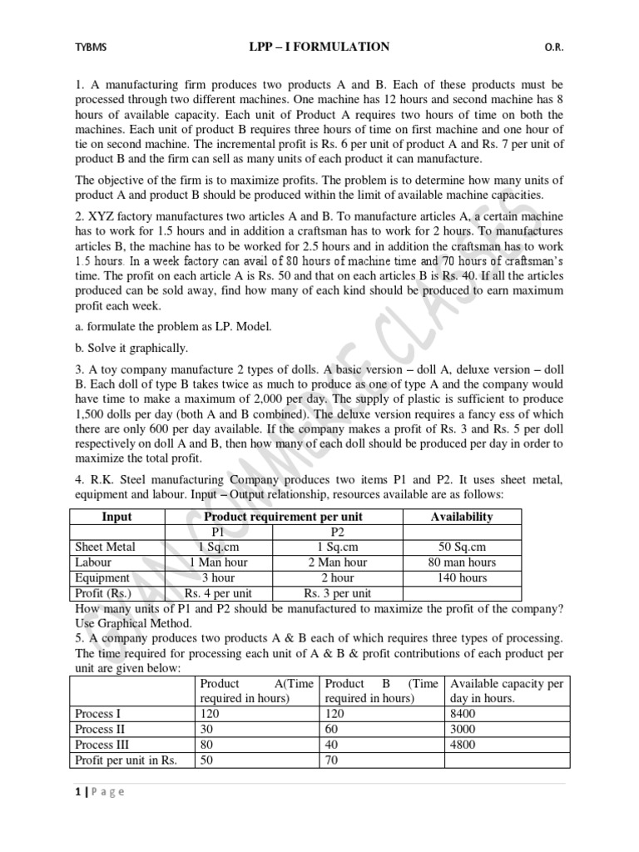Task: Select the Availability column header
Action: point(462,517)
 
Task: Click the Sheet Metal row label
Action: point(105,547)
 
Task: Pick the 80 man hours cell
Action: point(462,562)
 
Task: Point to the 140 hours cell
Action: point(462,577)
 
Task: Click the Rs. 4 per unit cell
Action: point(218,593)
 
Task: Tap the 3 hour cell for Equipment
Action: point(218,577)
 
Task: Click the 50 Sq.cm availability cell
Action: point(462,547)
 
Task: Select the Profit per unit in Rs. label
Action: point(126,760)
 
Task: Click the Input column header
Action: point(116,517)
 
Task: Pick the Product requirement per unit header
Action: point(284,517)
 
